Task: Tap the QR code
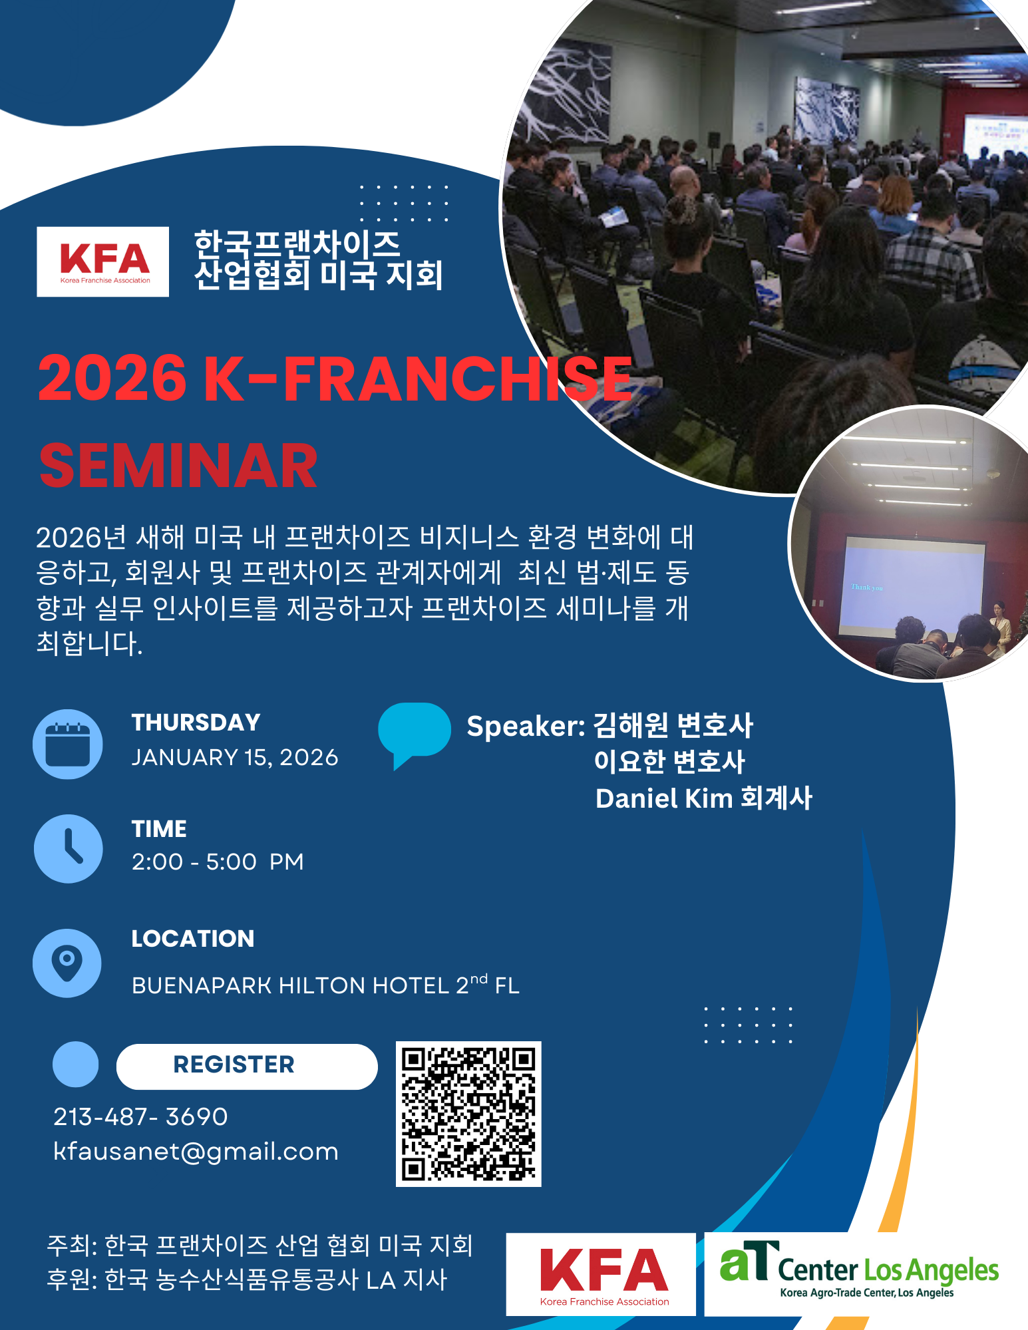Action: [x=468, y=1114]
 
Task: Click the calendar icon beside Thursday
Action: [x=68, y=744]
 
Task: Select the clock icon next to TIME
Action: [x=68, y=849]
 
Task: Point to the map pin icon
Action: [x=67, y=963]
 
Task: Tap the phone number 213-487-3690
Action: [x=140, y=1116]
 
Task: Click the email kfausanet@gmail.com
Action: [x=196, y=1152]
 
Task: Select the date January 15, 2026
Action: [x=235, y=757]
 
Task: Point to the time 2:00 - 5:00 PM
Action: [x=218, y=862]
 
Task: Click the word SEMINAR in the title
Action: [x=178, y=466]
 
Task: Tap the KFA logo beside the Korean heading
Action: [x=103, y=261]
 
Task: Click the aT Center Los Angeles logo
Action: [x=860, y=1273]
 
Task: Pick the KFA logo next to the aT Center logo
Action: [x=601, y=1274]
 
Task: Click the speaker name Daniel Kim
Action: [x=663, y=798]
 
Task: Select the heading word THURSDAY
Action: [x=196, y=723]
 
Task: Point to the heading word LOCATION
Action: [x=193, y=939]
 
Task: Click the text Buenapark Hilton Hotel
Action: [x=291, y=985]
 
